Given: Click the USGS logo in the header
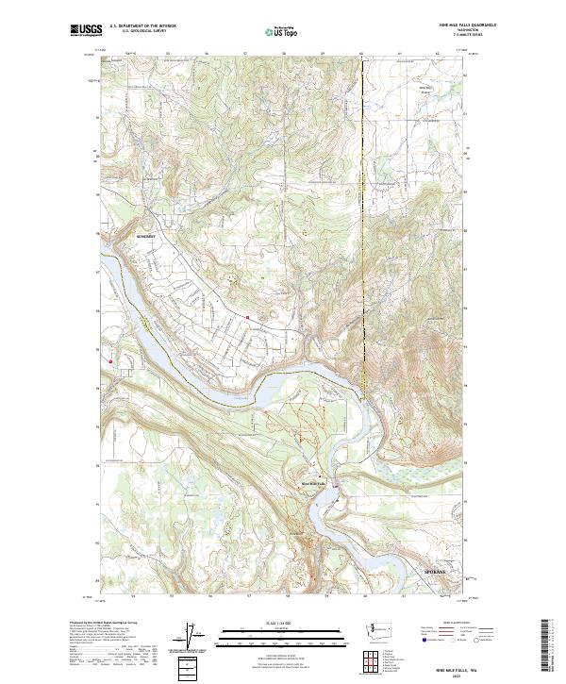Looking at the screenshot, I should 85,30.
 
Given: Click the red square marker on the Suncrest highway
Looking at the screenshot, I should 247,317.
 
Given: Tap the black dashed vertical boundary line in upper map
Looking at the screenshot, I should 362,189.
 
